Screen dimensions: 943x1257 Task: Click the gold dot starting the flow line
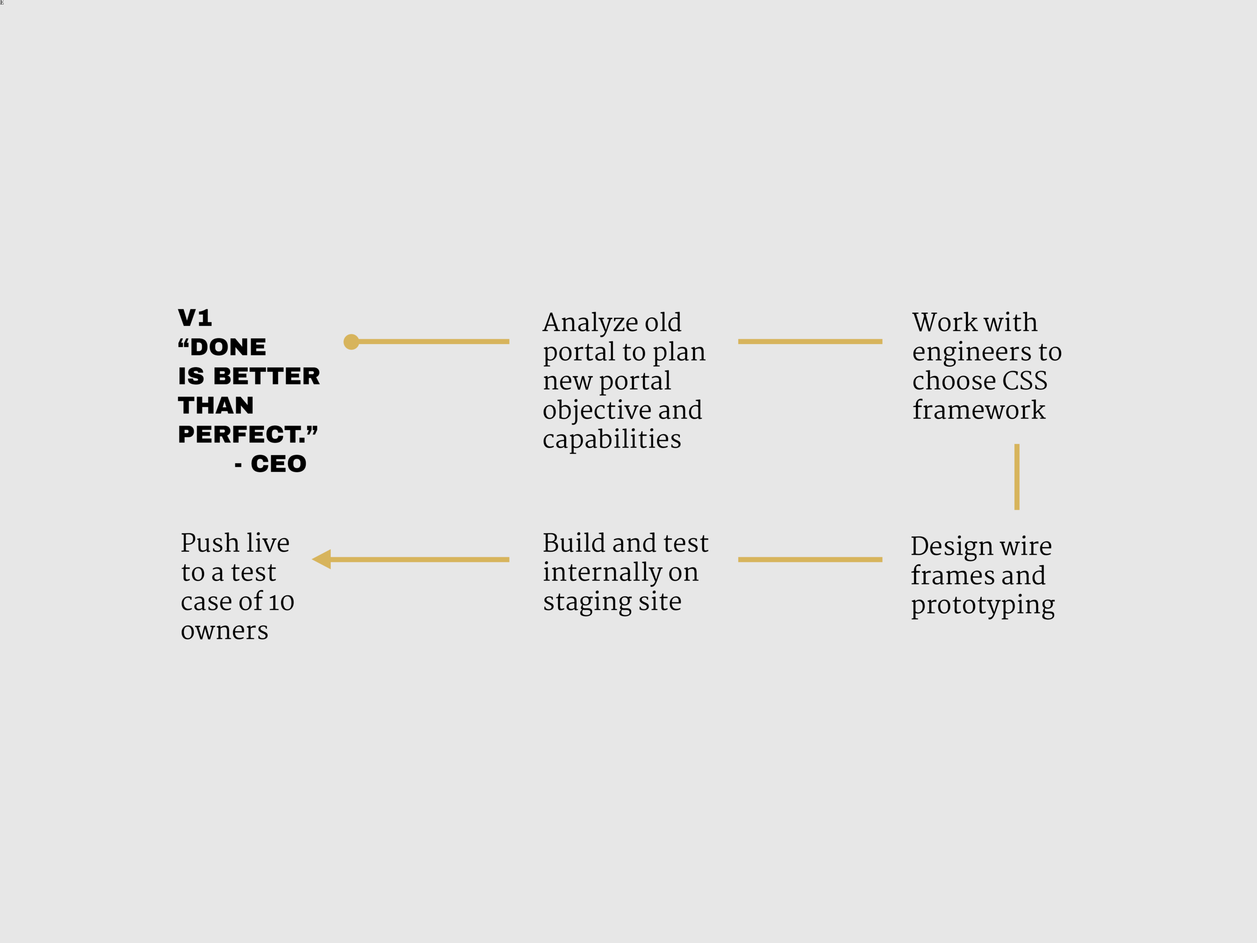[x=351, y=341]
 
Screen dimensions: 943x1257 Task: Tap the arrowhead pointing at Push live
[x=322, y=559]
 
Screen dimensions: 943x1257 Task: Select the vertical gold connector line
[x=1017, y=477]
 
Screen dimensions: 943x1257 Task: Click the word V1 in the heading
[x=195, y=318]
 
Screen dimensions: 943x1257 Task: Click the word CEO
[x=279, y=464]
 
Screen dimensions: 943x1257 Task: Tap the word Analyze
[x=589, y=323]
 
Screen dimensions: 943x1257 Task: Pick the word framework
[x=978, y=410]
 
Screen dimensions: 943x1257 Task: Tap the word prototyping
[x=982, y=606]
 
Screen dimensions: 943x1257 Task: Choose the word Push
[x=210, y=543]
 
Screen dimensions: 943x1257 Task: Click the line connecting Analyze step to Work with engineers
[x=810, y=341]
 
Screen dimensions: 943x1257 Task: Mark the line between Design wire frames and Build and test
[x=810, y=559]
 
